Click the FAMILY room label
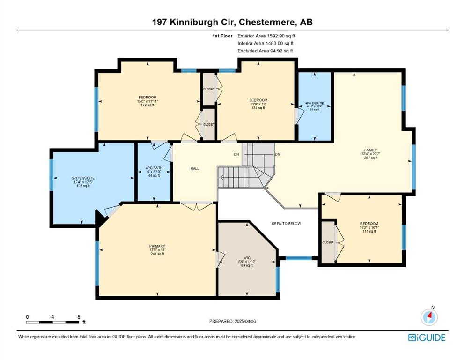[x=371, y=150]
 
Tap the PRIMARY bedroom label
[x=157, y=246]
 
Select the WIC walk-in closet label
[x=247, y=258]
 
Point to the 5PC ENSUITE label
[x=83, y=178]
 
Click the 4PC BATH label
[x=154, y=168]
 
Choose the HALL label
[x=195, y=168]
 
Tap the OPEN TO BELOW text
[x=286, y=224]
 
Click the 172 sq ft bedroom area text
[x=148, y=105]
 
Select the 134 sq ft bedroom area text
[x=258, y=108]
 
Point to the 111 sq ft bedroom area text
[x=369, y=231]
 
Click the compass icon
[x=429, y=317]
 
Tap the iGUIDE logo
[x=427, y=337]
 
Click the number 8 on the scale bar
[x=79, y=317]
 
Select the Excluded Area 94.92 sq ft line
[x=265, y=51]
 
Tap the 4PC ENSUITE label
[x=315, y=103]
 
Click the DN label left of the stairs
[x=236, y=154]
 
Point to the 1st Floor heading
[x=222, y=36]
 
